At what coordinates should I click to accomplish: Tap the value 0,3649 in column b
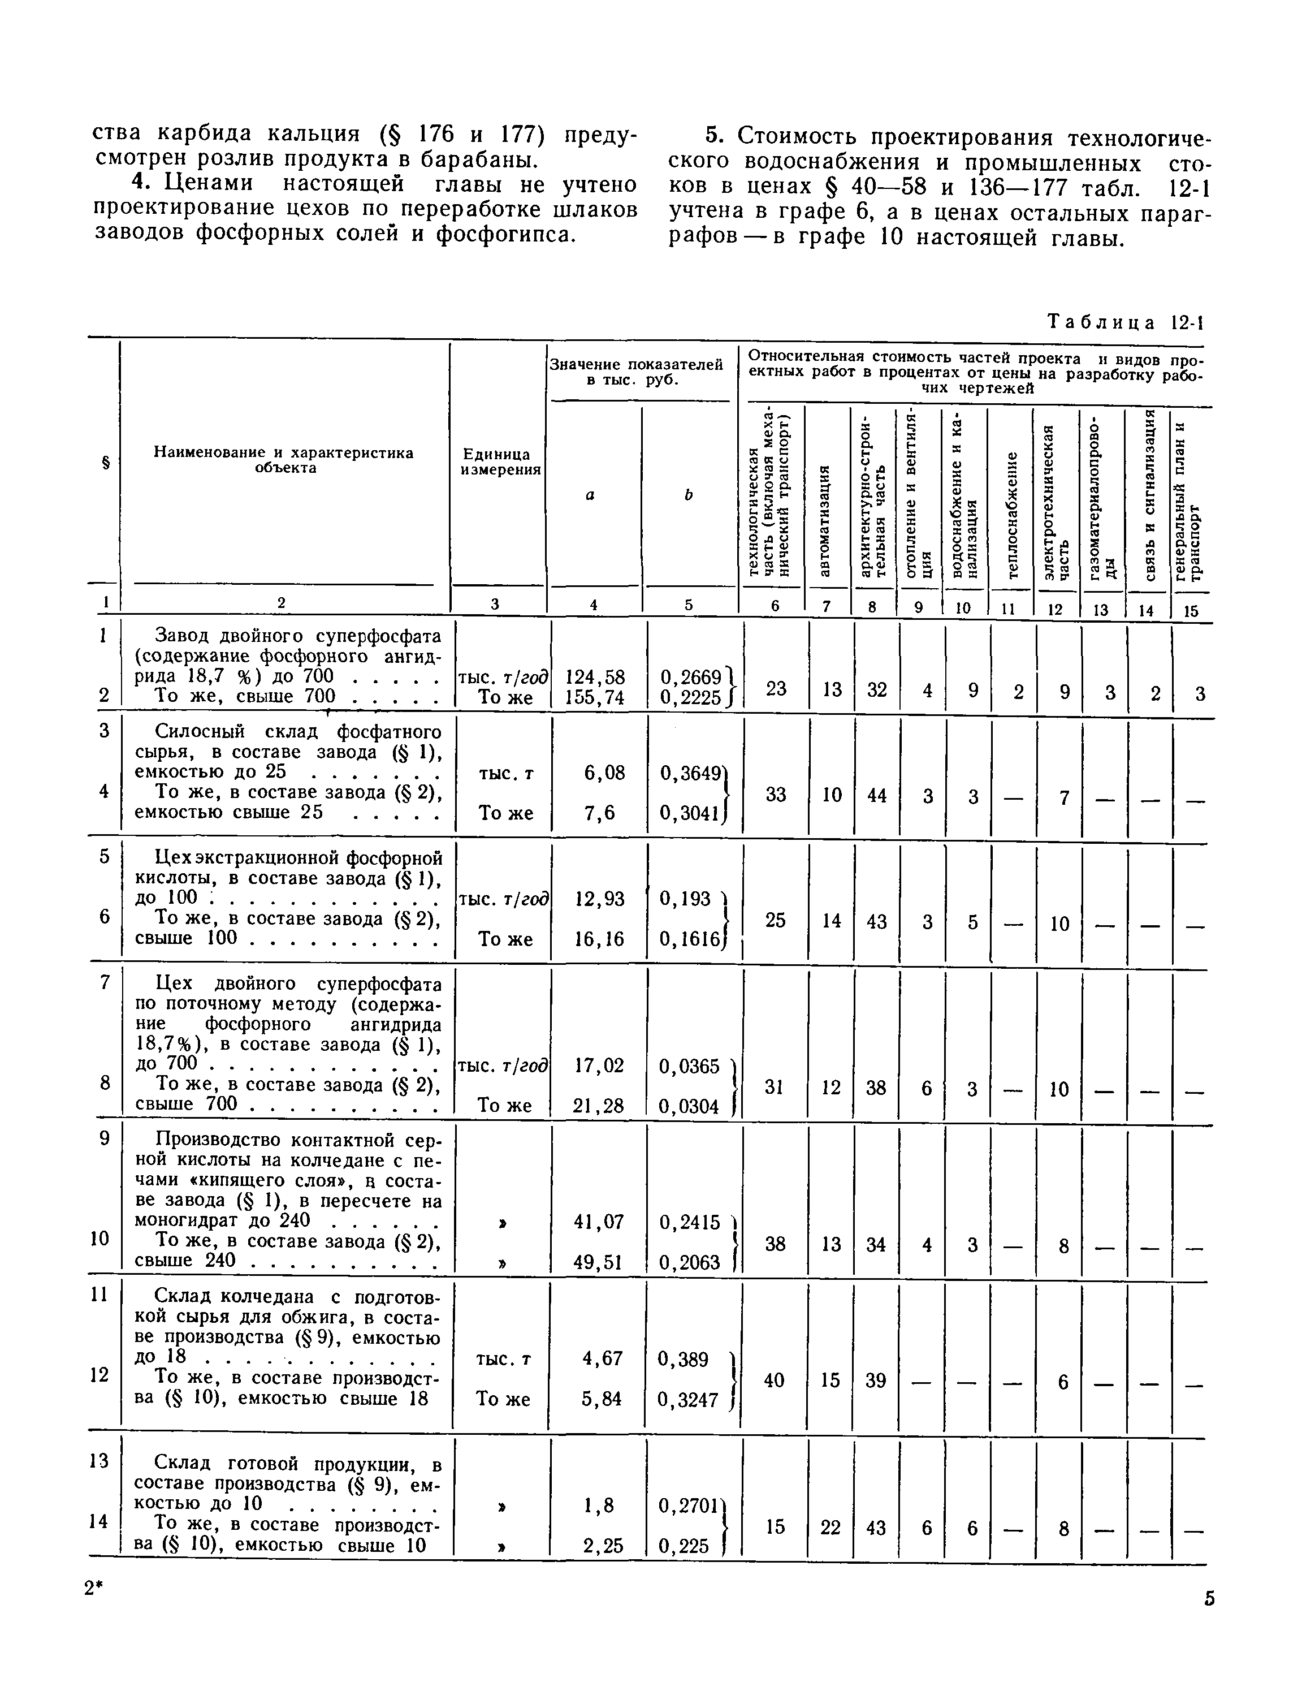693,773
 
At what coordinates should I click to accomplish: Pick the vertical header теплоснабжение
1011,513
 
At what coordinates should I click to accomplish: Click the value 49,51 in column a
598,1263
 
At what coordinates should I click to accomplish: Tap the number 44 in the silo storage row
876,795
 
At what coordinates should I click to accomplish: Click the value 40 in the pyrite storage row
774,1380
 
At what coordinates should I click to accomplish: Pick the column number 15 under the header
1191,610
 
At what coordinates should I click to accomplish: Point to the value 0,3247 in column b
688,1400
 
